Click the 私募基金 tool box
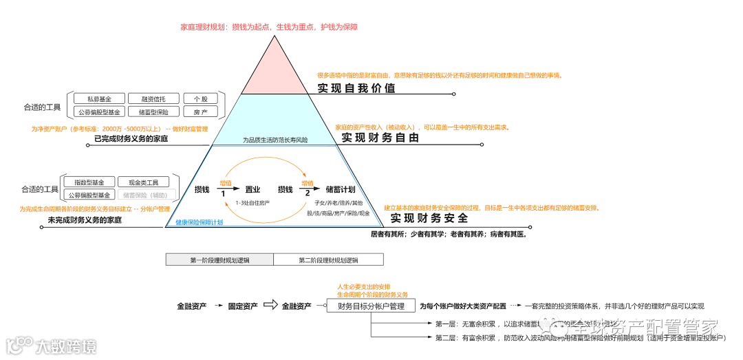[99, 99]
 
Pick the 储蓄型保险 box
[149, 112]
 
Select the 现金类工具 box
[143, 182]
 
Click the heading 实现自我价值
[356, 88]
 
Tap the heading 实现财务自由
[380, 138]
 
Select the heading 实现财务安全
[429, 218]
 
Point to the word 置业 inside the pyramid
[252, 189]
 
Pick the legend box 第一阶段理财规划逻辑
[219, 260]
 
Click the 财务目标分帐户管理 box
[371, 306]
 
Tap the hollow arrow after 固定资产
[270, 306]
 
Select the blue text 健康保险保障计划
[199, 222]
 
